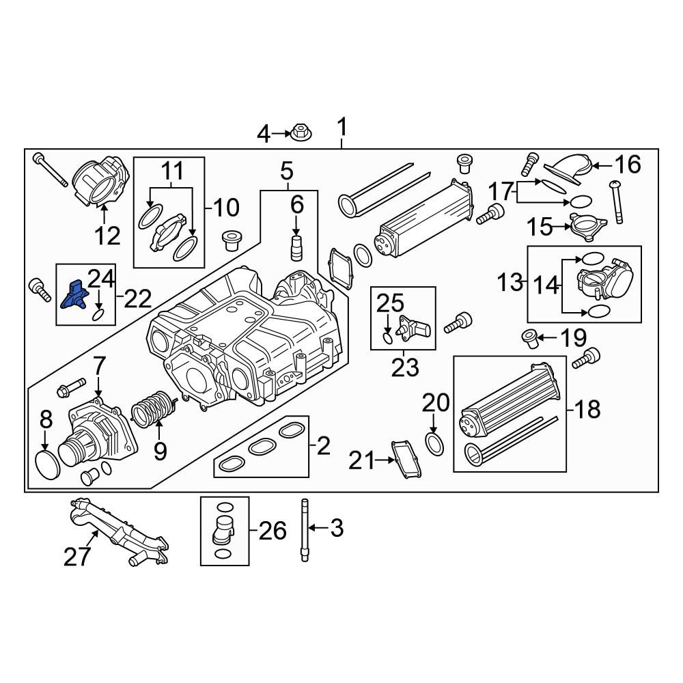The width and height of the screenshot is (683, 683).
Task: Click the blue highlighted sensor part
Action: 74,295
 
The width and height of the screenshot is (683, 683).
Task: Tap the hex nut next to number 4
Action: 301,132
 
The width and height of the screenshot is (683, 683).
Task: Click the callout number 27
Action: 78,556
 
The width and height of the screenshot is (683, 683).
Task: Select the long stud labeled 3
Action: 305,530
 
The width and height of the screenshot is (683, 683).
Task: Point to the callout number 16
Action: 628,164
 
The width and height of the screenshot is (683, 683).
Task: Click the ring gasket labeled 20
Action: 434,445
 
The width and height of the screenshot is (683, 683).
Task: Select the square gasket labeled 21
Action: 406,460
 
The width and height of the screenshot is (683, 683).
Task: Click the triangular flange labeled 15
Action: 588,225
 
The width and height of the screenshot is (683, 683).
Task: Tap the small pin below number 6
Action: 296,247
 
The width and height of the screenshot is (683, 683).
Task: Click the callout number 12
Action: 107,236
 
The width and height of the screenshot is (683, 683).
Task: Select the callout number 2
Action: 323,445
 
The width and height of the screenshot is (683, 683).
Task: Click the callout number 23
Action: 405,367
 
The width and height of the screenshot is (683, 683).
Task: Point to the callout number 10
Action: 226,208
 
